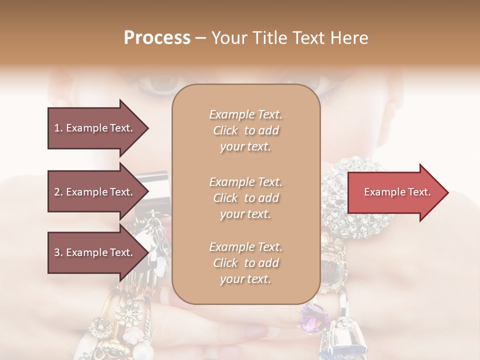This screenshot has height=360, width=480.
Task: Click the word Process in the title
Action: tap(157, 37)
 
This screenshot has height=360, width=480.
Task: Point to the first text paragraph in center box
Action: tap(245, 130)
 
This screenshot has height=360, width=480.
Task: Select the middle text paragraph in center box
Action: tap(245, 198)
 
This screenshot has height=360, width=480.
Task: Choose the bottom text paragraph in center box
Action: tap(245, 263)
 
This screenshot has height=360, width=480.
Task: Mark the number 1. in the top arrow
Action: tap(58, 128)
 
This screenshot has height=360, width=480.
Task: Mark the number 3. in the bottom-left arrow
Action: tap(58, 252)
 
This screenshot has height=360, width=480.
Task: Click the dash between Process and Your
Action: tap(201, 38)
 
